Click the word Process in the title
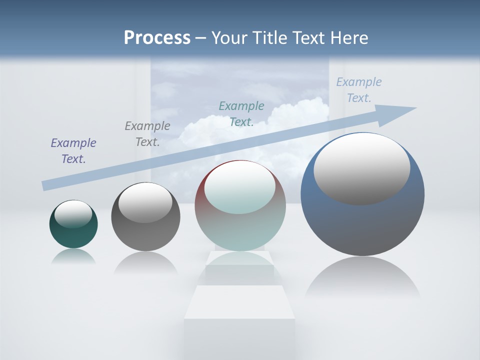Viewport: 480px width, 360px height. tap(157, 38)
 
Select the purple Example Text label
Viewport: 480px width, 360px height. tap(73, 150)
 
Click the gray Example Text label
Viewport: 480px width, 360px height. tap(147, 133)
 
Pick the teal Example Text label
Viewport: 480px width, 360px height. tap(241, 113)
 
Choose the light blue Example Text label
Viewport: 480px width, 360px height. tap(358, 89)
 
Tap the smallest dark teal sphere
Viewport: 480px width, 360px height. tap(73, 235)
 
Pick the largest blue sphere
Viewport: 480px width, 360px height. tap(362, 225)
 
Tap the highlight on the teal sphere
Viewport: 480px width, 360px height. tap(73, 213)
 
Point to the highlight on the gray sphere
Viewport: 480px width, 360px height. tap(145, 202)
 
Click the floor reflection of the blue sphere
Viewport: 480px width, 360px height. tap(362, 277)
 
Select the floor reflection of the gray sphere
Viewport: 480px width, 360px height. tap(145, 262)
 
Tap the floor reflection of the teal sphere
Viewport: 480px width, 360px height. tap(73, 256)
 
